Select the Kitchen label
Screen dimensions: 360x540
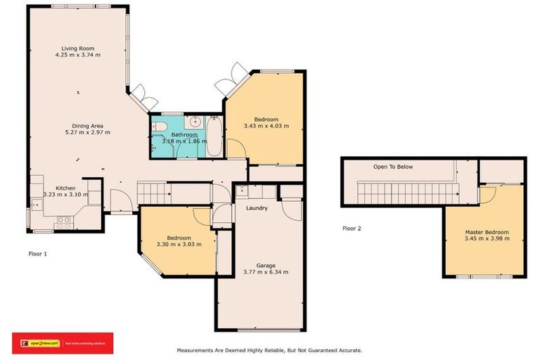coord(65,188)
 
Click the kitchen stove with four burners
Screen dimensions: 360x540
coord(63,220)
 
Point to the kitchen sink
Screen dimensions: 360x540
coord(35,205)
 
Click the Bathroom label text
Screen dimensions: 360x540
coord(185,134)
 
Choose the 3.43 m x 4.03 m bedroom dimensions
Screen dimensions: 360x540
coord(266,126)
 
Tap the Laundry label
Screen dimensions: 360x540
coord(257,208)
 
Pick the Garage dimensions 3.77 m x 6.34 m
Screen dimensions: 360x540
coord(265,271)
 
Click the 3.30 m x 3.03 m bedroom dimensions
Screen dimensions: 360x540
coord(179,244)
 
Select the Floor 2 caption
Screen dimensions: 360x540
coord(352,228)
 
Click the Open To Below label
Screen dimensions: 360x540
coord(393,167)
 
